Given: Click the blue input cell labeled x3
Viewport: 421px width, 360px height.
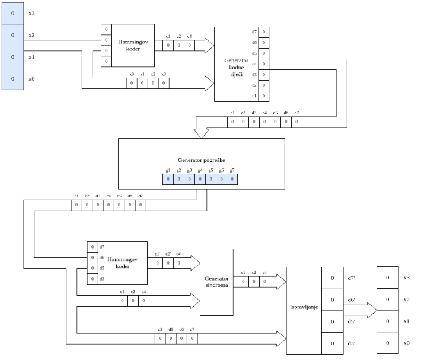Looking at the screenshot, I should coord(13,13).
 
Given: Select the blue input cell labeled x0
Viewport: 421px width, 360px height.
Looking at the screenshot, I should coord(13,78).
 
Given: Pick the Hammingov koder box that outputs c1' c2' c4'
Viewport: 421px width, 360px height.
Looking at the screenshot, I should coord(123,263).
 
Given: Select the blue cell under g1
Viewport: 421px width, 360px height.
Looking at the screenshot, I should coord(168,179).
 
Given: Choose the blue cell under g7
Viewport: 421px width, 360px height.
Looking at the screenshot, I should coord(232,179).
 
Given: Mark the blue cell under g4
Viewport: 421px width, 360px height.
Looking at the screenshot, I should coord(200,179).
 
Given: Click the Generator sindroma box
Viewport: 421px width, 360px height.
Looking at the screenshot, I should coord(216,281).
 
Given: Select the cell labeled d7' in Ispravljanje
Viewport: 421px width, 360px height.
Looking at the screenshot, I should coord(333,278).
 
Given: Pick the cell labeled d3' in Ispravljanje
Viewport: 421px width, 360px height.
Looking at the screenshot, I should coord(333,343).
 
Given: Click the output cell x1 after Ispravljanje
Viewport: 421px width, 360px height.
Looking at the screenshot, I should coord(388,321).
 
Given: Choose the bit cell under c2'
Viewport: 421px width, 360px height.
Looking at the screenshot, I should coord(168,264).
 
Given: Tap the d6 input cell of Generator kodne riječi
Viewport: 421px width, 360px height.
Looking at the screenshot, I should coord(263,43).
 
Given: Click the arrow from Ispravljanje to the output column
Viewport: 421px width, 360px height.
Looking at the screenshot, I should coord(365,310).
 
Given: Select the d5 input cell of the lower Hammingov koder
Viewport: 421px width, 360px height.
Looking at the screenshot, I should coord(93,268).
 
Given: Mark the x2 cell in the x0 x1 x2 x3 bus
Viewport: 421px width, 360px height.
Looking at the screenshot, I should coord(152,84).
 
